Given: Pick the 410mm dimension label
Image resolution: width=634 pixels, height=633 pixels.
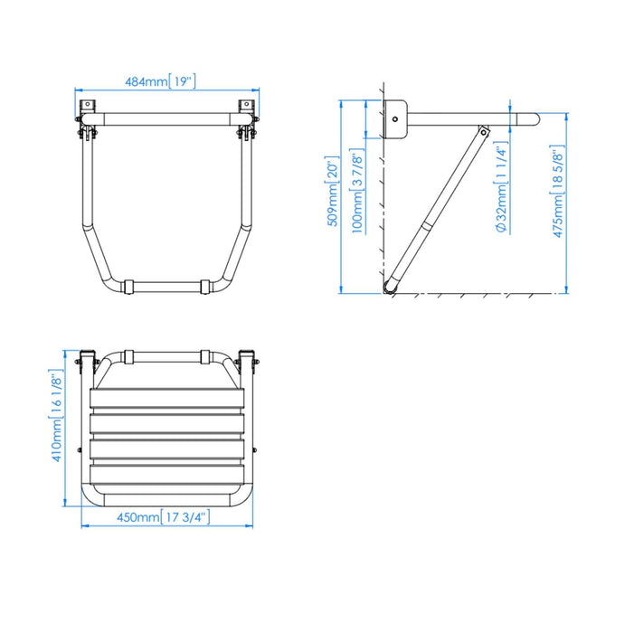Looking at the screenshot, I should [57, 417].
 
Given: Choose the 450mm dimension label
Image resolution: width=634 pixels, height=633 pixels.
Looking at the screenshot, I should [163, 517].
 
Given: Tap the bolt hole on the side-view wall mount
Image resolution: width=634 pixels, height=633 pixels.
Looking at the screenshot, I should [394, 118].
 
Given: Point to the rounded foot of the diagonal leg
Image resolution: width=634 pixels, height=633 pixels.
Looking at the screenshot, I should [392, 287].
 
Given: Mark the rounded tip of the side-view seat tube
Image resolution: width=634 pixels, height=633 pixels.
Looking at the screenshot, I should [534, 118].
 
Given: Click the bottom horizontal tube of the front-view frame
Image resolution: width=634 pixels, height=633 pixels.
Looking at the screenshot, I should [164, 287].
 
